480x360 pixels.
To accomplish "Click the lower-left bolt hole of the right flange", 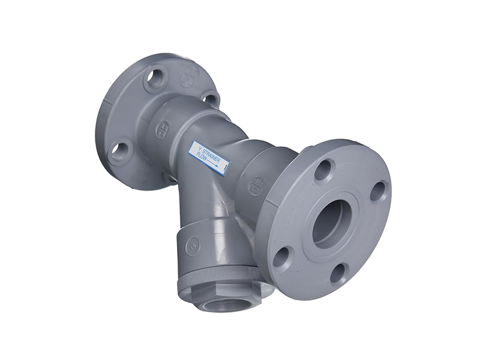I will pyautogui.click(x=281, y=257).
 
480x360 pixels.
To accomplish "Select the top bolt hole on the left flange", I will pyautogui.click(x=155, y=79).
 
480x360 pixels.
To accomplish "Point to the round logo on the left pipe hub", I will pyautogui.click(x=163, y=130).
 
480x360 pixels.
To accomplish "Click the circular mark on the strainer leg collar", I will pyautogui.click(x=193, y=245).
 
